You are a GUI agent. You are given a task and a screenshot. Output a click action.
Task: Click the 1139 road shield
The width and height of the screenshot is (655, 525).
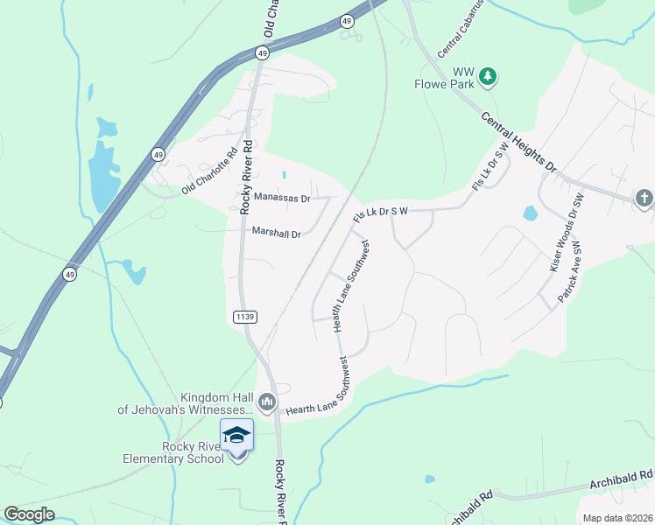244,316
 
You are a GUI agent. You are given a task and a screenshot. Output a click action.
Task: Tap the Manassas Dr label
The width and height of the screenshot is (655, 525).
282,199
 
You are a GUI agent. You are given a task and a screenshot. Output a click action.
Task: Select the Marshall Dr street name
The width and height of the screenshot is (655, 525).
276,234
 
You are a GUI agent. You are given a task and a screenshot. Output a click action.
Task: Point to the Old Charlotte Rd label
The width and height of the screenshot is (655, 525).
209,175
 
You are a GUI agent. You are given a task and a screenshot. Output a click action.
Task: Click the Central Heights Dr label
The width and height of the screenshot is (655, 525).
518,141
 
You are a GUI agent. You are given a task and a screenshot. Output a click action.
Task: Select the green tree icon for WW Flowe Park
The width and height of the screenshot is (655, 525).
489,78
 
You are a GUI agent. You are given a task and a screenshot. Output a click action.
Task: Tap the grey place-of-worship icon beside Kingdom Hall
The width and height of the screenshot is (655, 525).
268,402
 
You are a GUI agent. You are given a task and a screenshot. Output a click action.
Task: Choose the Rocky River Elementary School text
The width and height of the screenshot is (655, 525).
192,452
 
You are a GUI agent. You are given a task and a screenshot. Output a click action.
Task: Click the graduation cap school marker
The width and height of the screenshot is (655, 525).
236,435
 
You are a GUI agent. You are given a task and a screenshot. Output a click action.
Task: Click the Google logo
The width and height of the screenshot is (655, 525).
29,514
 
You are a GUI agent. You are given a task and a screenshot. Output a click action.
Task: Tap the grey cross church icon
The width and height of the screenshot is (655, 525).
644,198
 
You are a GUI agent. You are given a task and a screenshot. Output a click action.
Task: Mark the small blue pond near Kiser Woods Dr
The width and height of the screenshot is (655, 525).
530,213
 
